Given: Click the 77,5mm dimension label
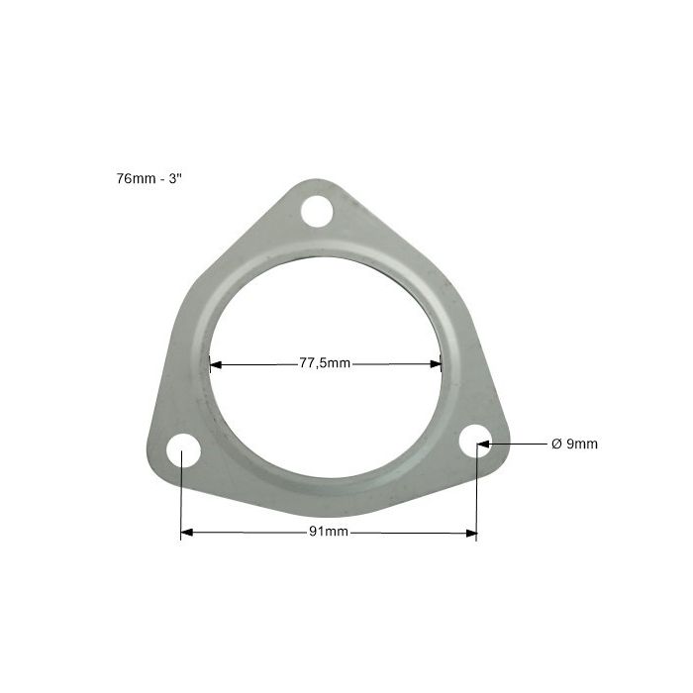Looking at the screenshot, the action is (325, 363).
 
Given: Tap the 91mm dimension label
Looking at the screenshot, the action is (329, 532).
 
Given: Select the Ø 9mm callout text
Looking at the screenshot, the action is (574, 444).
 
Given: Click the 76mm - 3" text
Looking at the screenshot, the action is (148, 178).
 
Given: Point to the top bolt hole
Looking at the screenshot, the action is (317, 211).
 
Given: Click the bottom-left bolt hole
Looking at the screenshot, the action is (183, 450).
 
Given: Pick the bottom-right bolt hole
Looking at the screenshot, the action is (475, 442).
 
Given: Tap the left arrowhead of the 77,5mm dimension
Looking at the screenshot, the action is (216, 364).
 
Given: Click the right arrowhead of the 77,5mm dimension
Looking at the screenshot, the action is (436, 364).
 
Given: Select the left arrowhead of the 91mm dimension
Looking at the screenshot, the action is (187, 533).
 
